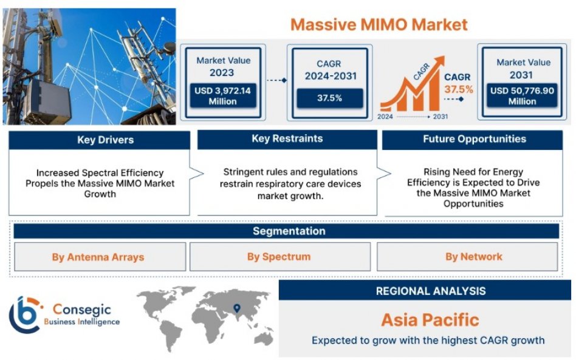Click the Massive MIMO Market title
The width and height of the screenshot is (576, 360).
379,25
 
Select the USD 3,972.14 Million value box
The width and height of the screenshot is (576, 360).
223,96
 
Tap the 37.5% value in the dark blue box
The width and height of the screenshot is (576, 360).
330,98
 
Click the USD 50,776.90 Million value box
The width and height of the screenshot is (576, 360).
522,96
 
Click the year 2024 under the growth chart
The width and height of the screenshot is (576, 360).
385,117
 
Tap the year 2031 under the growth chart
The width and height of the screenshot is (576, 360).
440,117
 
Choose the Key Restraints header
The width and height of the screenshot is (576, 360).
287,139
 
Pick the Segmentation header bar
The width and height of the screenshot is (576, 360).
286,231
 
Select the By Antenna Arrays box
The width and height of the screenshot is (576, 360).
100,257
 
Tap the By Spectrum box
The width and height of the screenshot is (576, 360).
280,257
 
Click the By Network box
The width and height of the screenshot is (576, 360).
467,257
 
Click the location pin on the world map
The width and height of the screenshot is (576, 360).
237,308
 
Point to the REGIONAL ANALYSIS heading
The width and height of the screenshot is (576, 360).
431,291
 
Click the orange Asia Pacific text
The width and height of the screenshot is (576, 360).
430,320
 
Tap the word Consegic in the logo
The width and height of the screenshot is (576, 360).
81,310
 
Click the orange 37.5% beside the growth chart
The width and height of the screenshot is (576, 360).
459,89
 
